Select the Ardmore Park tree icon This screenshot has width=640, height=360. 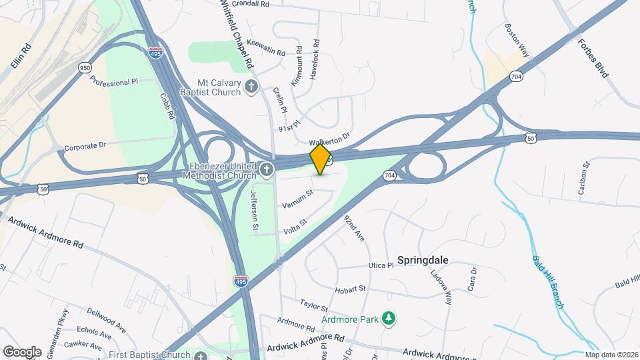[389, 319]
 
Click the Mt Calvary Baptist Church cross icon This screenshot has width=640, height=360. [251, 86]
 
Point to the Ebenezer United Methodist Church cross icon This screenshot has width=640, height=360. [267, 169]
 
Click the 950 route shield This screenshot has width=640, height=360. [85, 67]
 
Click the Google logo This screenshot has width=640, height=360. [22, 351]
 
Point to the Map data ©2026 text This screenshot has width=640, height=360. [611, 355]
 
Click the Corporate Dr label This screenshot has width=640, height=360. [85, 145]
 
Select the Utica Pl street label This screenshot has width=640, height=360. [381, 265]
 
